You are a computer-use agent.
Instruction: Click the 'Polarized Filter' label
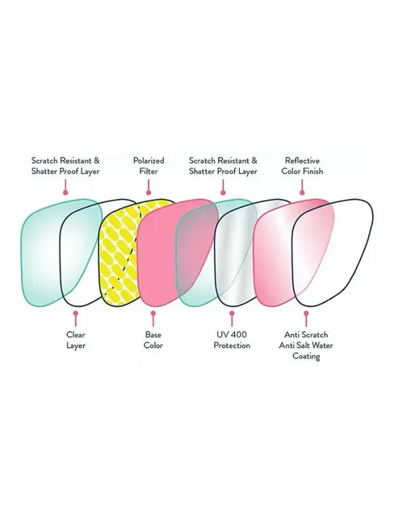tap(149, 166)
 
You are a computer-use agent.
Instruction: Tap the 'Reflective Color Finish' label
tap(302, 166)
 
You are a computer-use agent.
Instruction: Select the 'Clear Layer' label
tap(76, 340)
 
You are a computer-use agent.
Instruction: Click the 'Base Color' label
tap(153, 340)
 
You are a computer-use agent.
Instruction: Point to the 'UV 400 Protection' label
tap(232, 340)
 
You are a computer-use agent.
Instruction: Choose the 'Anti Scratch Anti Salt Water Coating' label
tap(306, 345)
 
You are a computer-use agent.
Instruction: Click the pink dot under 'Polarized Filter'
tap(149, 192)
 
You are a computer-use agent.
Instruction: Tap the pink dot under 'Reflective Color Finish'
tap(302, 192)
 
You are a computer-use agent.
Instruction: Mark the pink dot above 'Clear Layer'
tap(76, 314)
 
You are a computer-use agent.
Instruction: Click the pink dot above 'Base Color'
tap(153, 314)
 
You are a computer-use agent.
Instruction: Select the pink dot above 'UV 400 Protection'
tap(232, 314)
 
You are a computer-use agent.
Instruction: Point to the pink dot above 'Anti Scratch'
tap(306, 314)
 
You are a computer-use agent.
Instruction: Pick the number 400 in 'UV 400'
tap(239, 335)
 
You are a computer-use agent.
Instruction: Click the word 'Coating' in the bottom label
tap(306, 356)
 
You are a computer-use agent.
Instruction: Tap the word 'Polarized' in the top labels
tap(149, 160)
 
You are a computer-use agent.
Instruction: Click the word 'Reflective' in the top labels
tap(302, 160)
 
